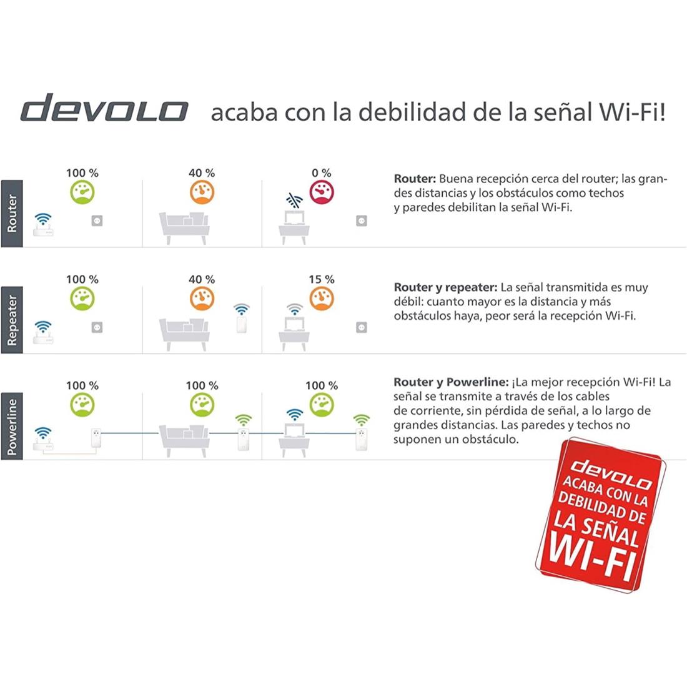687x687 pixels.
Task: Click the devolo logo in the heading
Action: tap(104, 108)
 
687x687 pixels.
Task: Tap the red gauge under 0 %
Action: tap(322, 192)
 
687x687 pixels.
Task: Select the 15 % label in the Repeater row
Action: tap(322, 279)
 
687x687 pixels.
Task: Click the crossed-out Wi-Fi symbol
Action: tap(294, 200)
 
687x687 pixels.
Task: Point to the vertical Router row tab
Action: tap(12, 214)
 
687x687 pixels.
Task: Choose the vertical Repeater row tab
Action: tap(12, 320)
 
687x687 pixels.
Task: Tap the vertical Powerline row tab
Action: tap(12, 426)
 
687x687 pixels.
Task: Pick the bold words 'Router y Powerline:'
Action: tap(451, 382)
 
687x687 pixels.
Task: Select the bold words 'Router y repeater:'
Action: tap(445, 287)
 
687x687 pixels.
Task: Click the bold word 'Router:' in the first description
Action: tap(415, 179)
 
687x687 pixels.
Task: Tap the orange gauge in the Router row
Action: tap(202, 192)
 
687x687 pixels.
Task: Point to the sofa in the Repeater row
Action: tap(184, 334)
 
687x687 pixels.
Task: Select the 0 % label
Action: tap(322, 173)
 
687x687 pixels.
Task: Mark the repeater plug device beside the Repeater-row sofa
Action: tap(242, 324)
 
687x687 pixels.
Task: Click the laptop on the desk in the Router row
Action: tap(294, 218)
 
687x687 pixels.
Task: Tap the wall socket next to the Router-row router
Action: tap(97, 220)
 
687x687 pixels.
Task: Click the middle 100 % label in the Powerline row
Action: tap(202, 385)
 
